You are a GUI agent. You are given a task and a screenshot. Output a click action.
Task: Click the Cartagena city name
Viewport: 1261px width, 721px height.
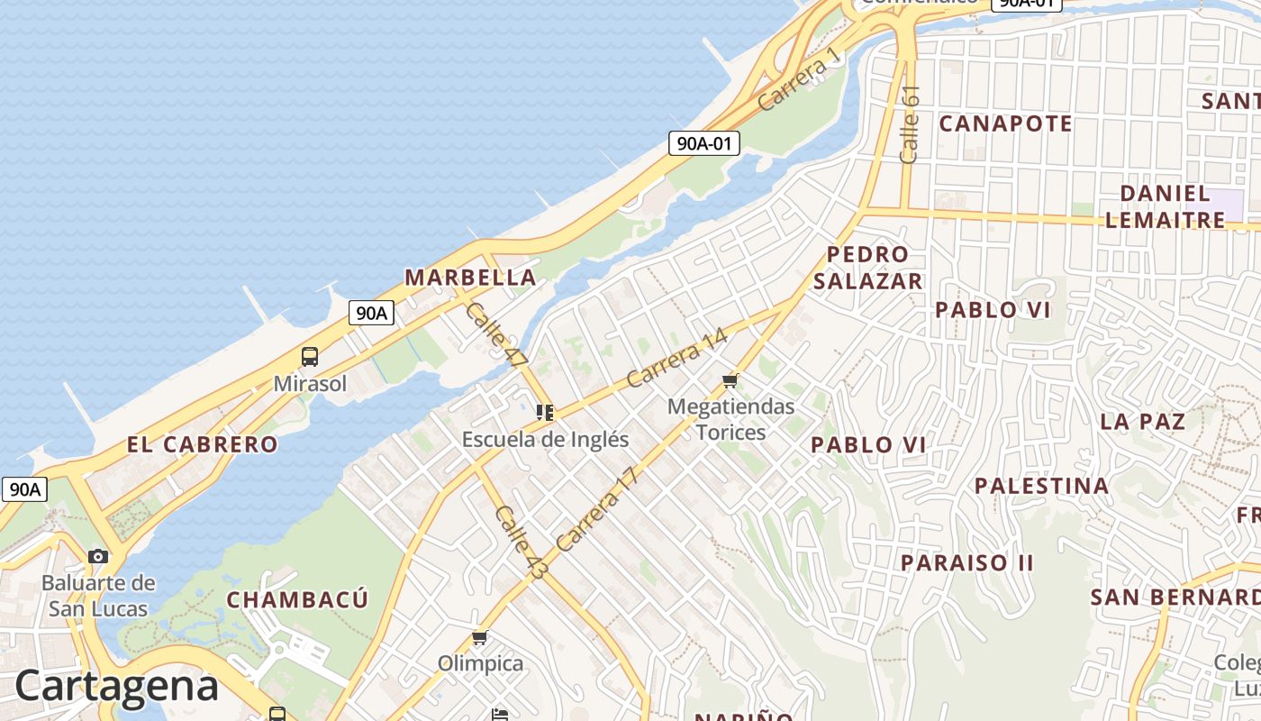tap(116, 686)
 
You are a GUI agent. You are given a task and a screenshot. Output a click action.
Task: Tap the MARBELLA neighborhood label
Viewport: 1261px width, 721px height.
tap(470, 278)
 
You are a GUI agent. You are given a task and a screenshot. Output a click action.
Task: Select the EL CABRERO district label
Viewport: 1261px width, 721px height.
tap(203, 444)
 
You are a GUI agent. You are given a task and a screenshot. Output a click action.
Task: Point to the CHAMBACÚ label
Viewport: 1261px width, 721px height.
tap(297, 600)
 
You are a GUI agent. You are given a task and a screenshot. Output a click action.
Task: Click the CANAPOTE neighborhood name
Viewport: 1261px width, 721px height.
tap(1005, 123)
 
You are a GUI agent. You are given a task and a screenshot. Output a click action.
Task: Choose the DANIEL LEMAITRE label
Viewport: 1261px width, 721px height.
tap(1165, 206)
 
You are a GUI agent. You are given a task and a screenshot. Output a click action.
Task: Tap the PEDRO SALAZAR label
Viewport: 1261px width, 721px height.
tap(867, 268)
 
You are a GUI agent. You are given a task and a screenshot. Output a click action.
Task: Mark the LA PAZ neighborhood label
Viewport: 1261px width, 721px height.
tap(1142, 421)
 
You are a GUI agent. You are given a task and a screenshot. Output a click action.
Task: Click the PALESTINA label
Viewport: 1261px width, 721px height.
tap(1041, 486)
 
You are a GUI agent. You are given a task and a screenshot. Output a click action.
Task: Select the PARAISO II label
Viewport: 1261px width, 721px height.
tap(967, 563)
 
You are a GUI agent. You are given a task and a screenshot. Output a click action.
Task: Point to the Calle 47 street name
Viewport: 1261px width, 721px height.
tap(496, 334)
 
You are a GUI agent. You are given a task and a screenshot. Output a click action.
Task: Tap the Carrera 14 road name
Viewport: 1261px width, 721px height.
tap(676, 359)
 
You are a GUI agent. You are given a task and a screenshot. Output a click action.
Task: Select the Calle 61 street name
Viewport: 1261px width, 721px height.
tap(910, 123)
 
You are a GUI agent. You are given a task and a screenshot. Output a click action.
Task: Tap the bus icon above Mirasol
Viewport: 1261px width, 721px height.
tap(310, 357)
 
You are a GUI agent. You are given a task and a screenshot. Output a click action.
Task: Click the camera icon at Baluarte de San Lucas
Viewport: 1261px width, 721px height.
tap(98, 556)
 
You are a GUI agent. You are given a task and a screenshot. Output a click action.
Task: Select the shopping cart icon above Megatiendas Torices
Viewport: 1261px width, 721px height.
tap(730, 380)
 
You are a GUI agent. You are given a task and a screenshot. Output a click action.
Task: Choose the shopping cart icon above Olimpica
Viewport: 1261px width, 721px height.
tap(480, 638)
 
